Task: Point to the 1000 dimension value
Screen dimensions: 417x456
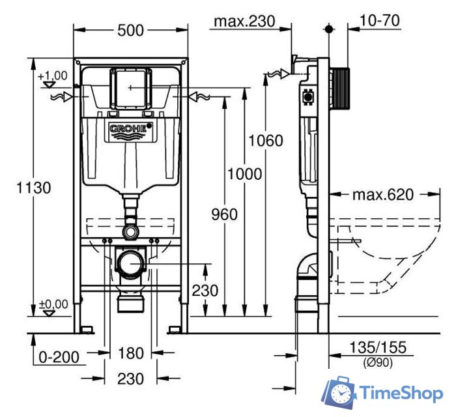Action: coord(244,174)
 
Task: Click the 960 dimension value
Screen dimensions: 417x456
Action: coord(223,214)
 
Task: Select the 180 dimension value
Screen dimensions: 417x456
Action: coord(131,353)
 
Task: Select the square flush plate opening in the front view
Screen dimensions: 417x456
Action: coord(131,87)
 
